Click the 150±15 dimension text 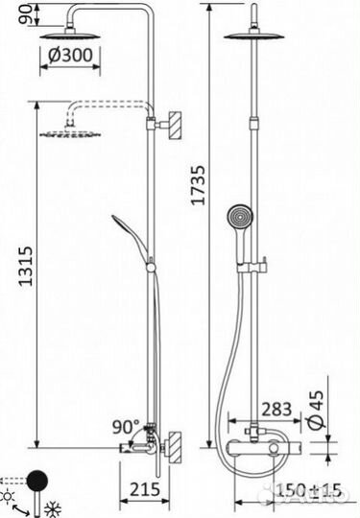click(x=305, y=490)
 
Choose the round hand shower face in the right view click(x=239, y=220)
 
